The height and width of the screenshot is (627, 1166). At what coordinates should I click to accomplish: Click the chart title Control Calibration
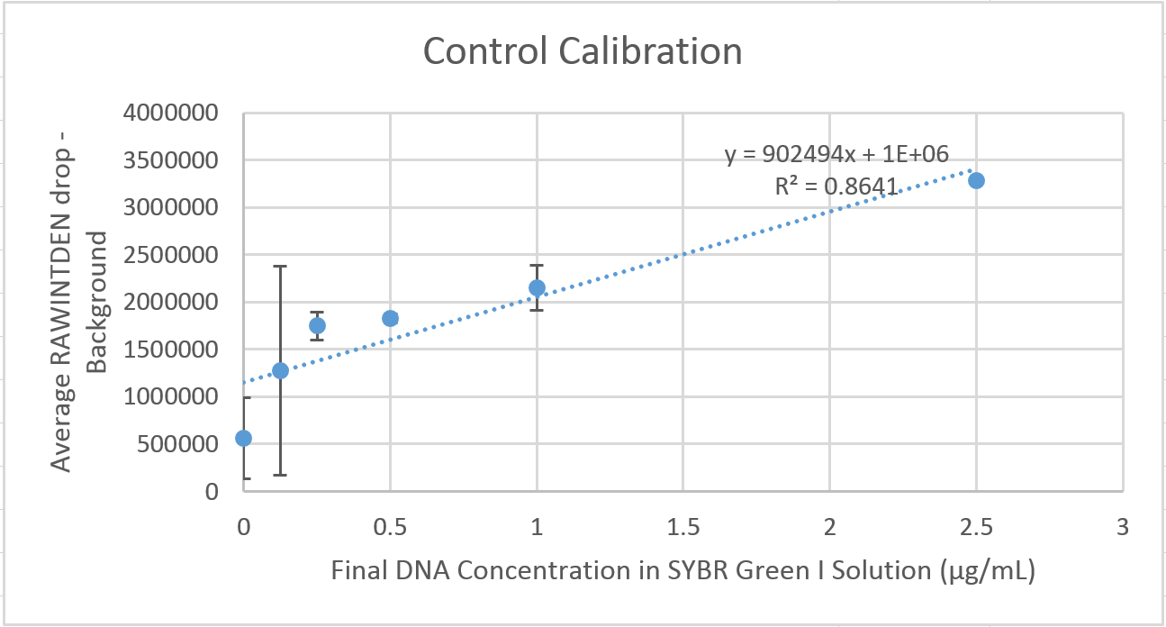click(583, 51)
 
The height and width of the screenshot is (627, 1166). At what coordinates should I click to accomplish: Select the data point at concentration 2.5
click(976, 180)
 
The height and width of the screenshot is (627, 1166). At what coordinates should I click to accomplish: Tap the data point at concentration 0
click(243, 438)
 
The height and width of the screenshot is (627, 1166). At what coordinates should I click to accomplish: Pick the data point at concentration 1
click(537, 287)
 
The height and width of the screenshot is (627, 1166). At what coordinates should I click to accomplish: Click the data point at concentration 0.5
click(390, 318)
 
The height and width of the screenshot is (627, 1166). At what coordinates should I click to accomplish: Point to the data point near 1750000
click(317, 325)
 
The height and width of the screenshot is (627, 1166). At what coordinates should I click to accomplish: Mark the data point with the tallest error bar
click(280, 370)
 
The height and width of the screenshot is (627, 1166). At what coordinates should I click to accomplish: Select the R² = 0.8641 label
click(836, 186)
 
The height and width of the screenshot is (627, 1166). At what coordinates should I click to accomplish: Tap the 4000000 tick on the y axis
click(175, 114)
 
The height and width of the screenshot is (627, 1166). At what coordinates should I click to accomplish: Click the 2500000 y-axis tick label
click(175, 255)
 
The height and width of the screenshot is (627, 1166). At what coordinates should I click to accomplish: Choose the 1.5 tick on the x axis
click(682, 527)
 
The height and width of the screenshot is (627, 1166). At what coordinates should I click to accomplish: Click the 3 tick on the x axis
click(1122, 527)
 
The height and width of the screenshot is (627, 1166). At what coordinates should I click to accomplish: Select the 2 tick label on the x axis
click(829, 527)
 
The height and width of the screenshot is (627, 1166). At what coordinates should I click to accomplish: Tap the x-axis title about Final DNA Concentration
click(682, 571)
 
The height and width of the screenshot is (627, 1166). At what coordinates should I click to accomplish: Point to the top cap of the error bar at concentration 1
click(537, 265)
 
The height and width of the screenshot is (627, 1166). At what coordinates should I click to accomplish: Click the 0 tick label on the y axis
click(211, 492)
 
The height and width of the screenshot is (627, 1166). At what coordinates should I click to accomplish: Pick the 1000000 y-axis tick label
click(175, 397)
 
